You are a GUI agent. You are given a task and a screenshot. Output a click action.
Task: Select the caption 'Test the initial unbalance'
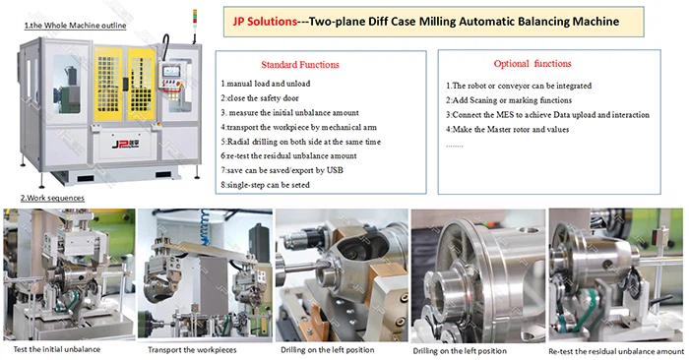(58, 349)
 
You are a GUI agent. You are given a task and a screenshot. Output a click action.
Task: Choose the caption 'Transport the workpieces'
(194, 349)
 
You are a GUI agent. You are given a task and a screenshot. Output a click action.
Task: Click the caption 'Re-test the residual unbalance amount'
(616, 349)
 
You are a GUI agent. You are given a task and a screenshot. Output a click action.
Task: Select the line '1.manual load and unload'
(267, 85)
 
